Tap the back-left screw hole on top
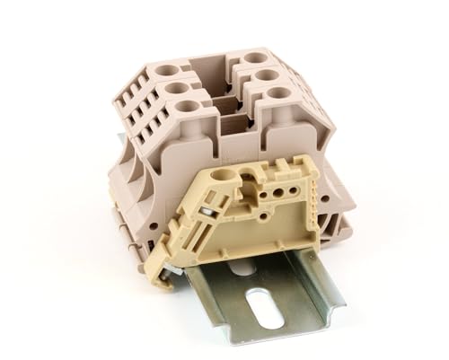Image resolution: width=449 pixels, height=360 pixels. click(x=165, y=69)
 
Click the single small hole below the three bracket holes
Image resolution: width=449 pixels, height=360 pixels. click(x=266, y=203)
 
